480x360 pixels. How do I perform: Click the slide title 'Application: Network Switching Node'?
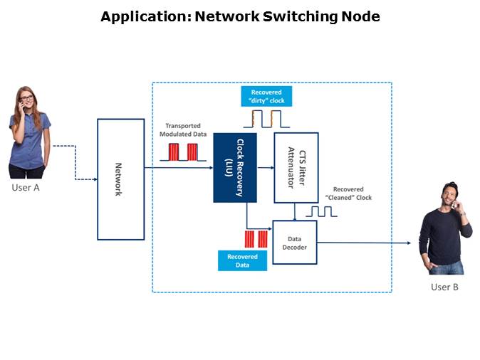coord(240,17)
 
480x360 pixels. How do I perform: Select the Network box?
coord(120,179)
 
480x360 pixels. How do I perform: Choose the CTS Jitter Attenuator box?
coord(296,168)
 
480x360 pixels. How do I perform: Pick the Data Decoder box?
coord(295,243)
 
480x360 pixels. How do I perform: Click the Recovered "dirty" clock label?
coord(266,96)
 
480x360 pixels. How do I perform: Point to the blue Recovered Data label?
coord(242,260)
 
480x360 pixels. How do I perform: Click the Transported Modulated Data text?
coord(182,129)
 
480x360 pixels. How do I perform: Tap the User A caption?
coord(25,188)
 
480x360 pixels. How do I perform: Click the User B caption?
coord(444,287)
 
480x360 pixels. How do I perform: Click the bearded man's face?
coord(448,194)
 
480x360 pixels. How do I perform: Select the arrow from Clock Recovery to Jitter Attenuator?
coord(265,168)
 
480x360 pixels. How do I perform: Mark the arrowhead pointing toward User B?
coord(408,243)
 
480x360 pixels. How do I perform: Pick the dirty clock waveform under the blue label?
coord(266,118)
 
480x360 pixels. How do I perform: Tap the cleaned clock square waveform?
coord(320,211)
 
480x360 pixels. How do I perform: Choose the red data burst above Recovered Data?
coord(255,238)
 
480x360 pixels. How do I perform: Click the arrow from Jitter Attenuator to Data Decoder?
coord(296,211)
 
